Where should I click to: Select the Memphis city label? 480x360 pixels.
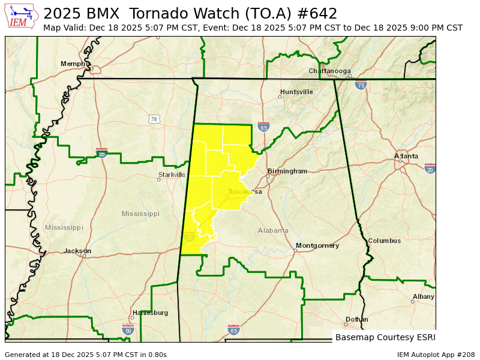76,64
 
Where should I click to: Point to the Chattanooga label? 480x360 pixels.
329,71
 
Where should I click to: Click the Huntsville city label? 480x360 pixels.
296,92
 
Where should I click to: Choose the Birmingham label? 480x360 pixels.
287,171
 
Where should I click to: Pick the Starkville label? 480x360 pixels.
172,175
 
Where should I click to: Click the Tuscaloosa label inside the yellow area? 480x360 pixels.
244,191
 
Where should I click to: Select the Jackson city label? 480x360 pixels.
77,251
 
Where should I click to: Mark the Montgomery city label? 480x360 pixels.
317,245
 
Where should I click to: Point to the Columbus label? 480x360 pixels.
384,241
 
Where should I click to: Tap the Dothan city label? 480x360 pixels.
356,319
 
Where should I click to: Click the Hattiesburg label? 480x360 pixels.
150,313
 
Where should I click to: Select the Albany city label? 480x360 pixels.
424,296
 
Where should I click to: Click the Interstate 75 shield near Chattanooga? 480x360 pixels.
360,85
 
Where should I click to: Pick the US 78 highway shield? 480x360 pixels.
154,119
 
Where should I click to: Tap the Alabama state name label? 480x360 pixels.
273,230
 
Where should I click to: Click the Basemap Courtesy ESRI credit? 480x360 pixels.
385,337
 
